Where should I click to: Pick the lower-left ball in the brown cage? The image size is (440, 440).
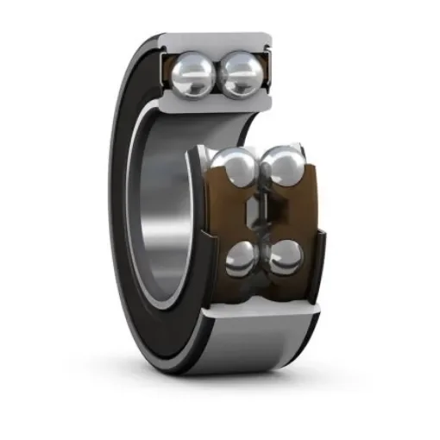(x=243, y=257)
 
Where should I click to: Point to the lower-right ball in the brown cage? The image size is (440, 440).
(x=286, y=256)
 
